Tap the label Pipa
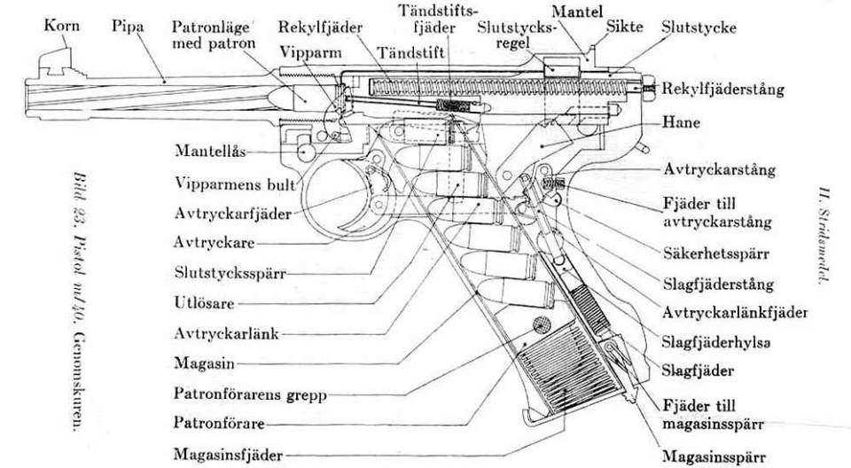(x=129, y=27)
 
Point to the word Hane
(x=680, y=123)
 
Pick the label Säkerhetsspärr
(x=716, y=253)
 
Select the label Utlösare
(x=203, y=302)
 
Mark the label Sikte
(x=624, y=27)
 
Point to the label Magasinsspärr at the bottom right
(x=709, y=456)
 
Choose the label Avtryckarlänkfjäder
(x=735, y=312)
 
